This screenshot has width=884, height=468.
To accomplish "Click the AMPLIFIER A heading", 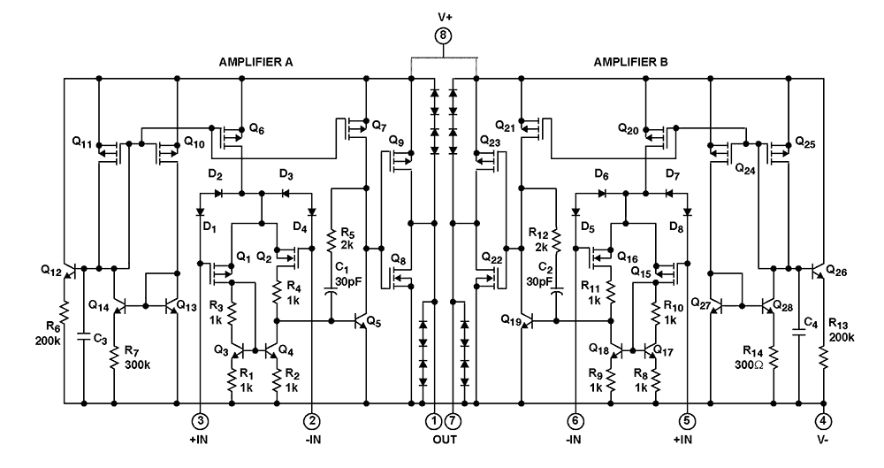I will (256, 63).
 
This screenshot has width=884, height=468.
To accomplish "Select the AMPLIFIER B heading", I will (631, 63).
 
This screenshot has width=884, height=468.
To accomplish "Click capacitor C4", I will (798, 333).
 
